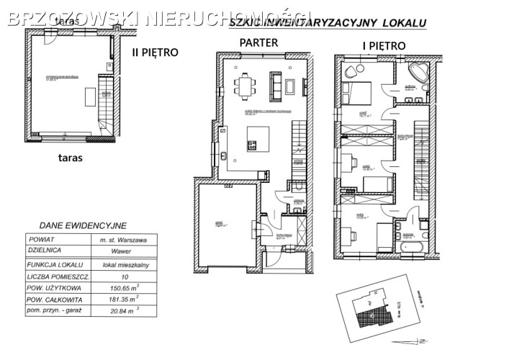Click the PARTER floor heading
pyautogui.click(x=259, y=42)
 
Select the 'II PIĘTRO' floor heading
pyautogui.click(x=154, y=52)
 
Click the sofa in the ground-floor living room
pyautogui.click(x=274, y=85)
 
